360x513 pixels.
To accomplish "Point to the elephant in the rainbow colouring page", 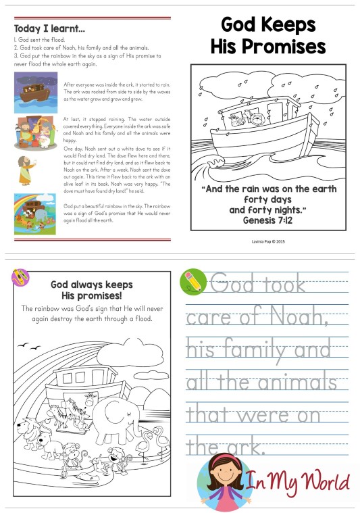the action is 115,418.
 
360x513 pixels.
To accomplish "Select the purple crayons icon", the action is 20,276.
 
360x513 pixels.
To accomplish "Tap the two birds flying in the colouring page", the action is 30,347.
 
